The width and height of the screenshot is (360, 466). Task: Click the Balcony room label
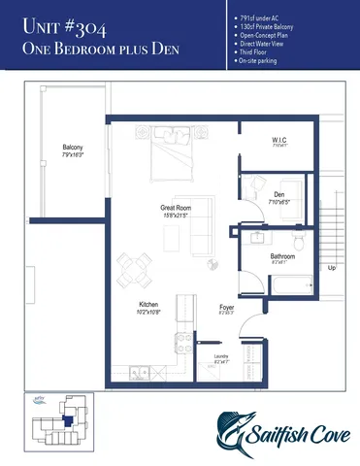point(72,150)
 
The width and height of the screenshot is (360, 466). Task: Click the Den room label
point(278,198)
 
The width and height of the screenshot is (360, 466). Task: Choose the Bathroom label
point(282,258)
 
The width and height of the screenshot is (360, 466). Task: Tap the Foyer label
point(226,309)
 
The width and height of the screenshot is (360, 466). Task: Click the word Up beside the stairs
point(332,267)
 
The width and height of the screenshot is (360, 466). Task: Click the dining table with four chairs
point(136,265)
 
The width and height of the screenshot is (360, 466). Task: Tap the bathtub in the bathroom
point(289,285)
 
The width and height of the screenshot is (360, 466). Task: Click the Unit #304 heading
point(64,26)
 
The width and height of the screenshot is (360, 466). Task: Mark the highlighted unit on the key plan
point(65,419)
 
